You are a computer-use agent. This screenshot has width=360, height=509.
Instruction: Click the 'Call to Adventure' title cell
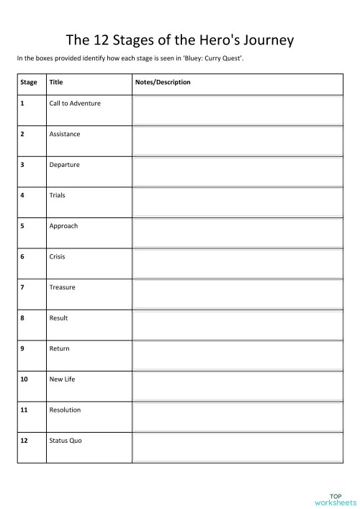[75, 103]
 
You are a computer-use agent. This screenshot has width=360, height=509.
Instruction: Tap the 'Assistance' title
[65, 134]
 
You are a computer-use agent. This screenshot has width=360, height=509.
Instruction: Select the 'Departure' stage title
[64, 165]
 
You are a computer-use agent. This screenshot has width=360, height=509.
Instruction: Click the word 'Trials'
[57, 195]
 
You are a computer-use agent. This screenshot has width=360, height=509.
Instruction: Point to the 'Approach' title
[63, 226]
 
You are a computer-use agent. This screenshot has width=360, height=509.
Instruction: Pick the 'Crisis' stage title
[57, 256]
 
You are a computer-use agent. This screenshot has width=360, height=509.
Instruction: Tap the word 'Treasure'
[62, 287]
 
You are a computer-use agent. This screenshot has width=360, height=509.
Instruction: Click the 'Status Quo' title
[66, 440]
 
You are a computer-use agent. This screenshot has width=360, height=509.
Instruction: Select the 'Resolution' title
[65, 410]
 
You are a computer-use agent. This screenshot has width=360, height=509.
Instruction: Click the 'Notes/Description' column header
[163, 82]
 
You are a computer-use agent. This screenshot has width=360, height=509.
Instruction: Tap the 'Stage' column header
[29, 82]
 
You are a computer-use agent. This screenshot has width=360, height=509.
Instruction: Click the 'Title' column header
[56, 82]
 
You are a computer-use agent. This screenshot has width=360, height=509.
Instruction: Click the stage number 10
[24, 379]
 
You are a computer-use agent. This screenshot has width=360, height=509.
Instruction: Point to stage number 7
[22, 287]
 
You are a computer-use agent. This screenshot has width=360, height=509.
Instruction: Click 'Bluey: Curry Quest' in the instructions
[214, 58]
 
